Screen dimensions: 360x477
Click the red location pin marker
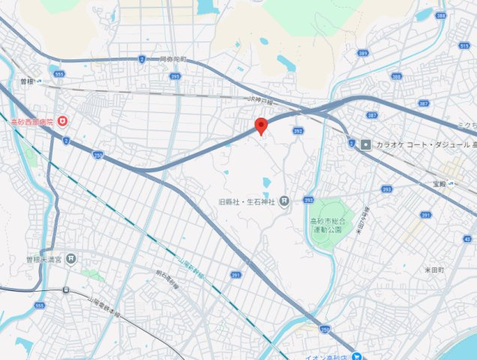tap(261, 125)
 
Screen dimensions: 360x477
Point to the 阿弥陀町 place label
tap(173, 58)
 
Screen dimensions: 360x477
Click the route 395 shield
tap(175, 76)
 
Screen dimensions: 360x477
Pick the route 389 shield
tap(363, 53)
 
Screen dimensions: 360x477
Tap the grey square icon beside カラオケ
tap(365, 144)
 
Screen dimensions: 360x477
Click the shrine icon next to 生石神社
tap(284, 201)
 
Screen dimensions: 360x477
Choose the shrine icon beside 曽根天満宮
tap(70, 259)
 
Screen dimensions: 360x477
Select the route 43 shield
tap(468, 238)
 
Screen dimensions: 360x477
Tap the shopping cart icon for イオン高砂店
tap(358, 356)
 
